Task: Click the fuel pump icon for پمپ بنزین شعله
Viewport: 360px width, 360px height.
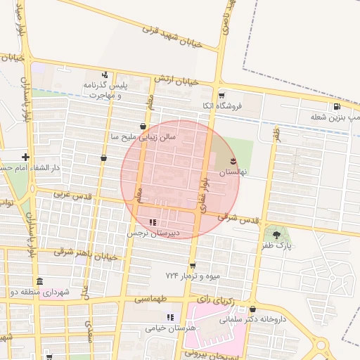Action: point(337,106)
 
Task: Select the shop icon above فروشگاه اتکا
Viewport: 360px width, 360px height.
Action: point(221,95)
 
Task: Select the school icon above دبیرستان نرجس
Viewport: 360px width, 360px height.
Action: point(153,223)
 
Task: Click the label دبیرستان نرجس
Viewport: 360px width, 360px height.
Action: point(153,233)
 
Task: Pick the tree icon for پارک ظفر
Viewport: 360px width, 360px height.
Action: point(276,234)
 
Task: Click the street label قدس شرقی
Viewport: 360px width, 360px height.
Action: point(238,218)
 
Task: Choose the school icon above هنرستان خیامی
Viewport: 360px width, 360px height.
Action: point(169,317)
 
